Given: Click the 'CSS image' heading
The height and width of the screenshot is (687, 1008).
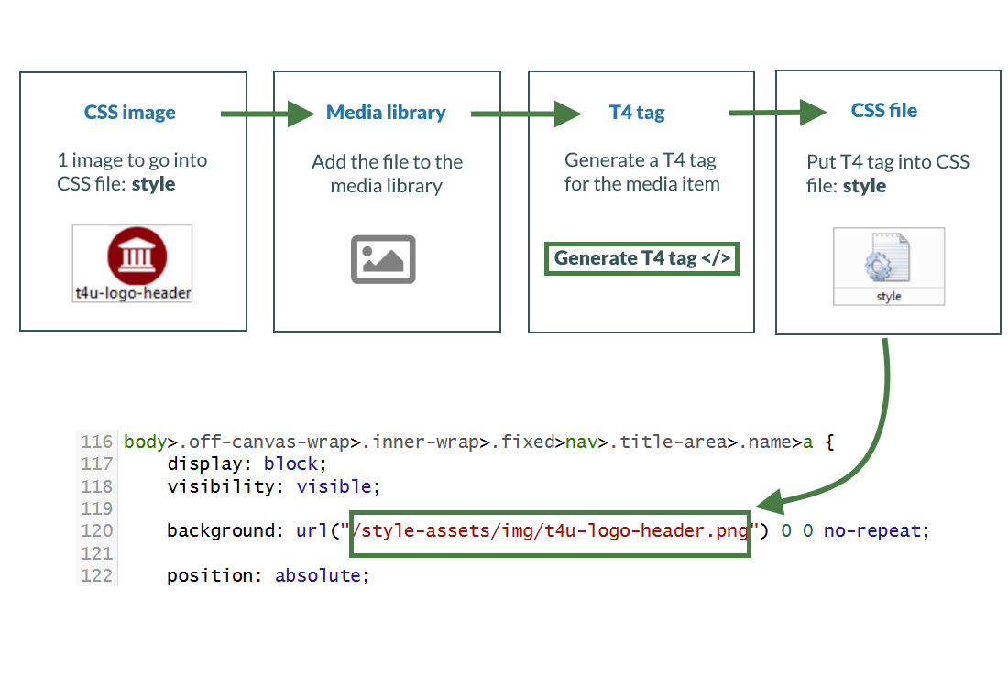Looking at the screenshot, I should pyautogui.click(x=130, y=113).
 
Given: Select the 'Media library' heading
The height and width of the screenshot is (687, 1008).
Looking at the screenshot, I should pyautogui.click(x=386, y=113).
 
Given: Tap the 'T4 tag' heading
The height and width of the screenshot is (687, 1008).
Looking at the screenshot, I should pyautogui.click(x=637, y=113).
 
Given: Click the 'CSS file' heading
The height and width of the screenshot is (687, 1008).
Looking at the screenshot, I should pyautogui.click(x=883, y=111).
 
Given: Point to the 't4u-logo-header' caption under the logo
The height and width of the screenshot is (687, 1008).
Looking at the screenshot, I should pyautogui.click(x=134, y=293).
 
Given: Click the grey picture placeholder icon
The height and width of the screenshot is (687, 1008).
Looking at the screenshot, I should pyautogui.click(x=383, y=259).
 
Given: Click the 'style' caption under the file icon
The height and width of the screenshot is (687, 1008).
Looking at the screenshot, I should pyautogui.click(x=889, y=297).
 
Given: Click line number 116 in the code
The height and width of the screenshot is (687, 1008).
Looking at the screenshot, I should pyautogui.click(x=96, y=442).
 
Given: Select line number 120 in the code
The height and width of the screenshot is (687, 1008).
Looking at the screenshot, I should pyautogui.click(x=96, y=530).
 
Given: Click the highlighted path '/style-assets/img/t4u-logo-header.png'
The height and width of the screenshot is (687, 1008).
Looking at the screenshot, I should pyautogui.click(x=551, y=530).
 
